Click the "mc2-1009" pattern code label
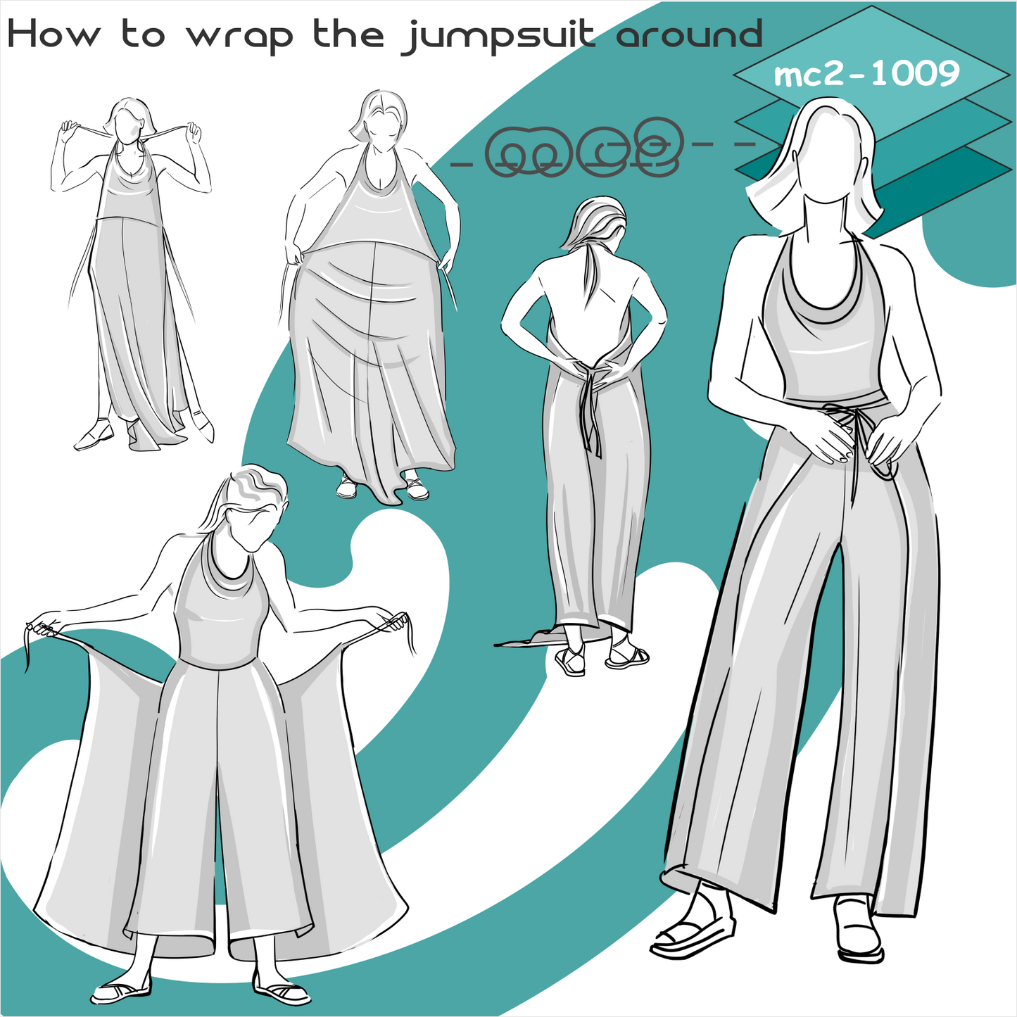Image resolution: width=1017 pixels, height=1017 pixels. click(866, 75)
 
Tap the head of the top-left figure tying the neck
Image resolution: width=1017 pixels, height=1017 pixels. click(127, 120)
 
